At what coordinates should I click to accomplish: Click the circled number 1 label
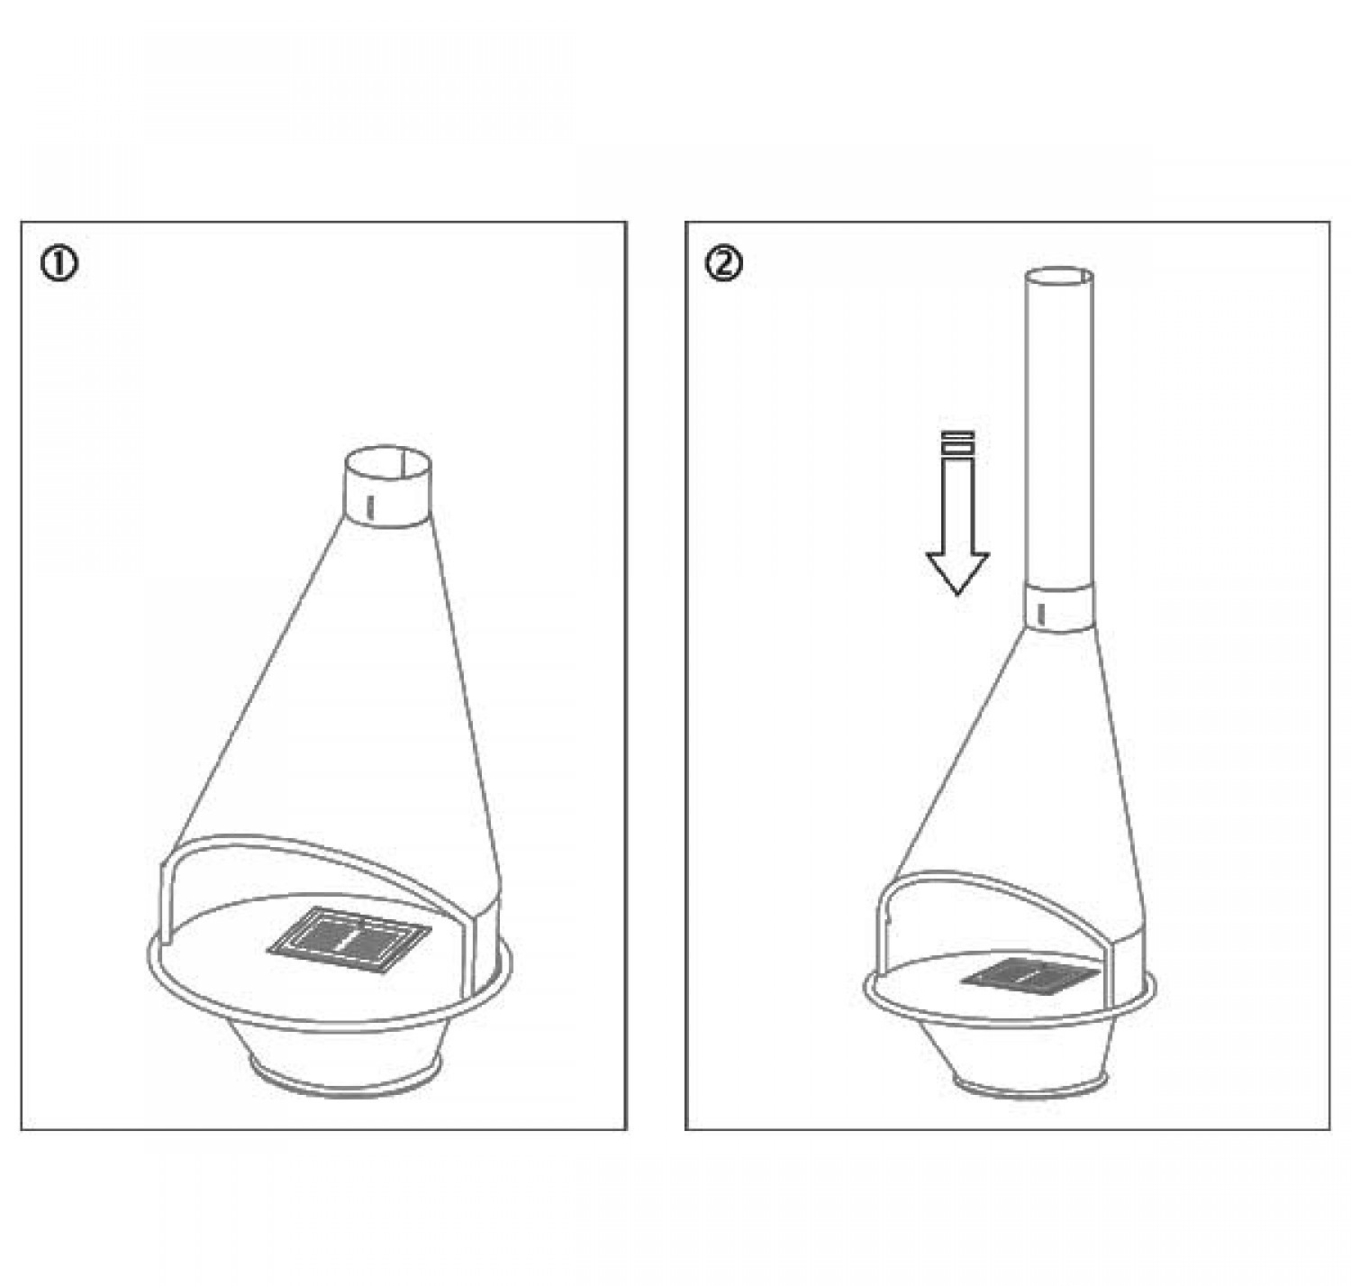(x=59, y=264)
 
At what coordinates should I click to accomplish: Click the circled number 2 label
(x=724, y=263)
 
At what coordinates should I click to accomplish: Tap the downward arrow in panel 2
(x=958, y=513)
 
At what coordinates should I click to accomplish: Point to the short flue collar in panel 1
(x=388, y=487)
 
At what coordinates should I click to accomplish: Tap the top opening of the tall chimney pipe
(x=1059, y=274)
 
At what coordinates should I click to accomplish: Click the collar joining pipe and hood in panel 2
(x=1058, y=607)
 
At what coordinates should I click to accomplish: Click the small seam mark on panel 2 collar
(x=1042, y=614)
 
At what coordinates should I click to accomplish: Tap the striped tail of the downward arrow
(x=958, y=442)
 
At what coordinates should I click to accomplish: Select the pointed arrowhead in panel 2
(x=958, y=573)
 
